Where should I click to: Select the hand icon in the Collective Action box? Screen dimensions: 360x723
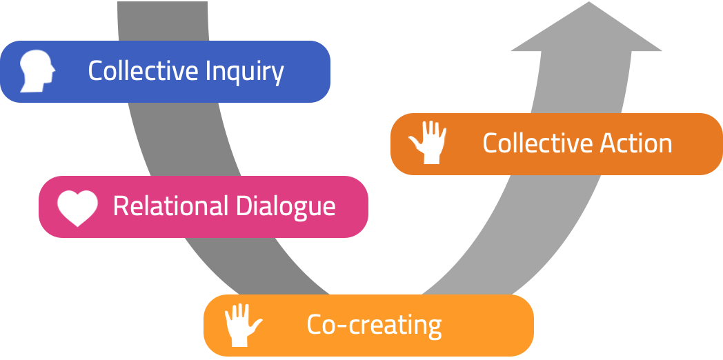pos(428,143)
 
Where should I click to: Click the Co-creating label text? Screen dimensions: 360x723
pos(374,325)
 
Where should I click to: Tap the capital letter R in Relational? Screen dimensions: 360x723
pos(120,206)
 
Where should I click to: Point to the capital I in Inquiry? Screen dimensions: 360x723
pos(209,71)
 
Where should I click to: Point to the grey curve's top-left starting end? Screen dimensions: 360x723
pos(163,4)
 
